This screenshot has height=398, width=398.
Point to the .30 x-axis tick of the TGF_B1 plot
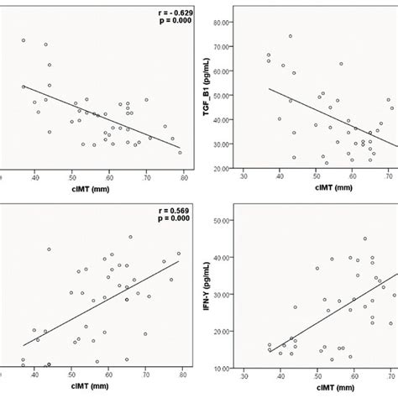point(244,177)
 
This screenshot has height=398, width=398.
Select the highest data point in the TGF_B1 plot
point(291,36)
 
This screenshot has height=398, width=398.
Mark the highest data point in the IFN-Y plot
point(365,238)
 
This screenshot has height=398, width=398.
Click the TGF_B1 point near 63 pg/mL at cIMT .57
point(341,64)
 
